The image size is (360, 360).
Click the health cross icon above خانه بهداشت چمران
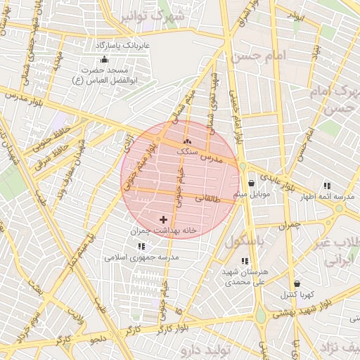164,221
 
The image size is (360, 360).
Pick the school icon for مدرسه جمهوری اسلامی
141,247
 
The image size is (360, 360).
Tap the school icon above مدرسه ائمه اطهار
327,186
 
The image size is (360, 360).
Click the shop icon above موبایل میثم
251,184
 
